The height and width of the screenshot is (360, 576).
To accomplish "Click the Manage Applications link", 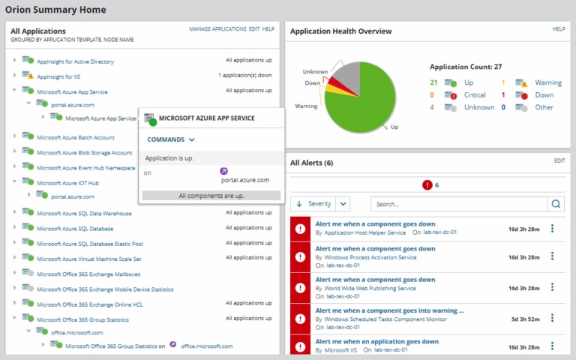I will click(x=217, y=28).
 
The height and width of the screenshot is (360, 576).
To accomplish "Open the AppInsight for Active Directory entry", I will click(x=75, y=61).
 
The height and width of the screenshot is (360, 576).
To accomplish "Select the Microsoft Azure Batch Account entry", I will click(x=75, y=137).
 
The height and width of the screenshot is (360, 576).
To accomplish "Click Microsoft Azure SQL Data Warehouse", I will click(x=84, y=213).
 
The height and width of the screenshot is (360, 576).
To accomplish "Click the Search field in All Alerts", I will click(x=459, y=203).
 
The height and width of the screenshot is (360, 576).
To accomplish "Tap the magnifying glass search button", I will click(x=556, y=203).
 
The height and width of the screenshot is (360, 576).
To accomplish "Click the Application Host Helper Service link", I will click(x=365, y=232).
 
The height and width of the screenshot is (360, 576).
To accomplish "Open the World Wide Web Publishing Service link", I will click(x=370, y=288).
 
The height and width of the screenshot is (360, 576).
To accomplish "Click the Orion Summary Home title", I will click(x=55, y=10).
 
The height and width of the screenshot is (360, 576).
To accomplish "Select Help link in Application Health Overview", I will click(x=559, y=28).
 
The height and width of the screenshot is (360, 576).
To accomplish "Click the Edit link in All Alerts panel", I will click(x=559, y=160).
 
